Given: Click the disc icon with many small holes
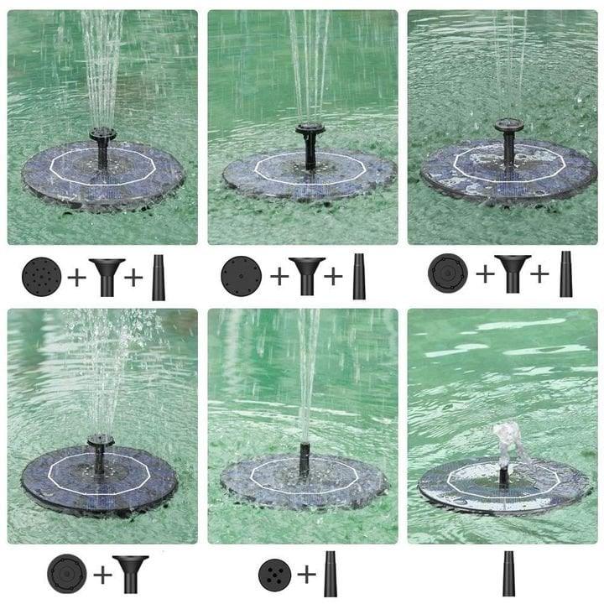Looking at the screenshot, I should pyautogui.click(x=41, y=276).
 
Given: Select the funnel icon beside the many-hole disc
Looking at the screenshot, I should pyautogui.click(x=107, y=276).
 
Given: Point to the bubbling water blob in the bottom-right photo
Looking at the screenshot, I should pyautogui.click(x=506, y=436).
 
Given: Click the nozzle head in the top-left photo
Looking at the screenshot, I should pyautogui.click(x=102, y=134).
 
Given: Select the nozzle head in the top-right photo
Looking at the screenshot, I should pyautogui.click(x=508, y=127).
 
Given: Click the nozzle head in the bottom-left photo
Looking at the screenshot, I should pyautogui.click(x=101, y=440).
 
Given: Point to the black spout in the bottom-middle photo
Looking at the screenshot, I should pyautogui.click(x=304, y=457).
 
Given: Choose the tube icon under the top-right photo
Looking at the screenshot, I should pyautogui.click(x=565, y=274).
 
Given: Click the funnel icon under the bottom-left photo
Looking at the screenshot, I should pyautogui.click(x=132, y=574).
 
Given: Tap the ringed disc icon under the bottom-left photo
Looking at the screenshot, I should pyautogui.click(x=67, y=574).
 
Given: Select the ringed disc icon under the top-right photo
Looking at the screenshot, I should pyautogui.click(x=448, y=274).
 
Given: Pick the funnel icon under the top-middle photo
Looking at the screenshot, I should pyautogui.click(x=306, y=276).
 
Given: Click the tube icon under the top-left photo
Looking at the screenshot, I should pyautogui.click(x=158, y=278).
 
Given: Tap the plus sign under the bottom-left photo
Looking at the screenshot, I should pyautogui.click(x=102, y=575).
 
